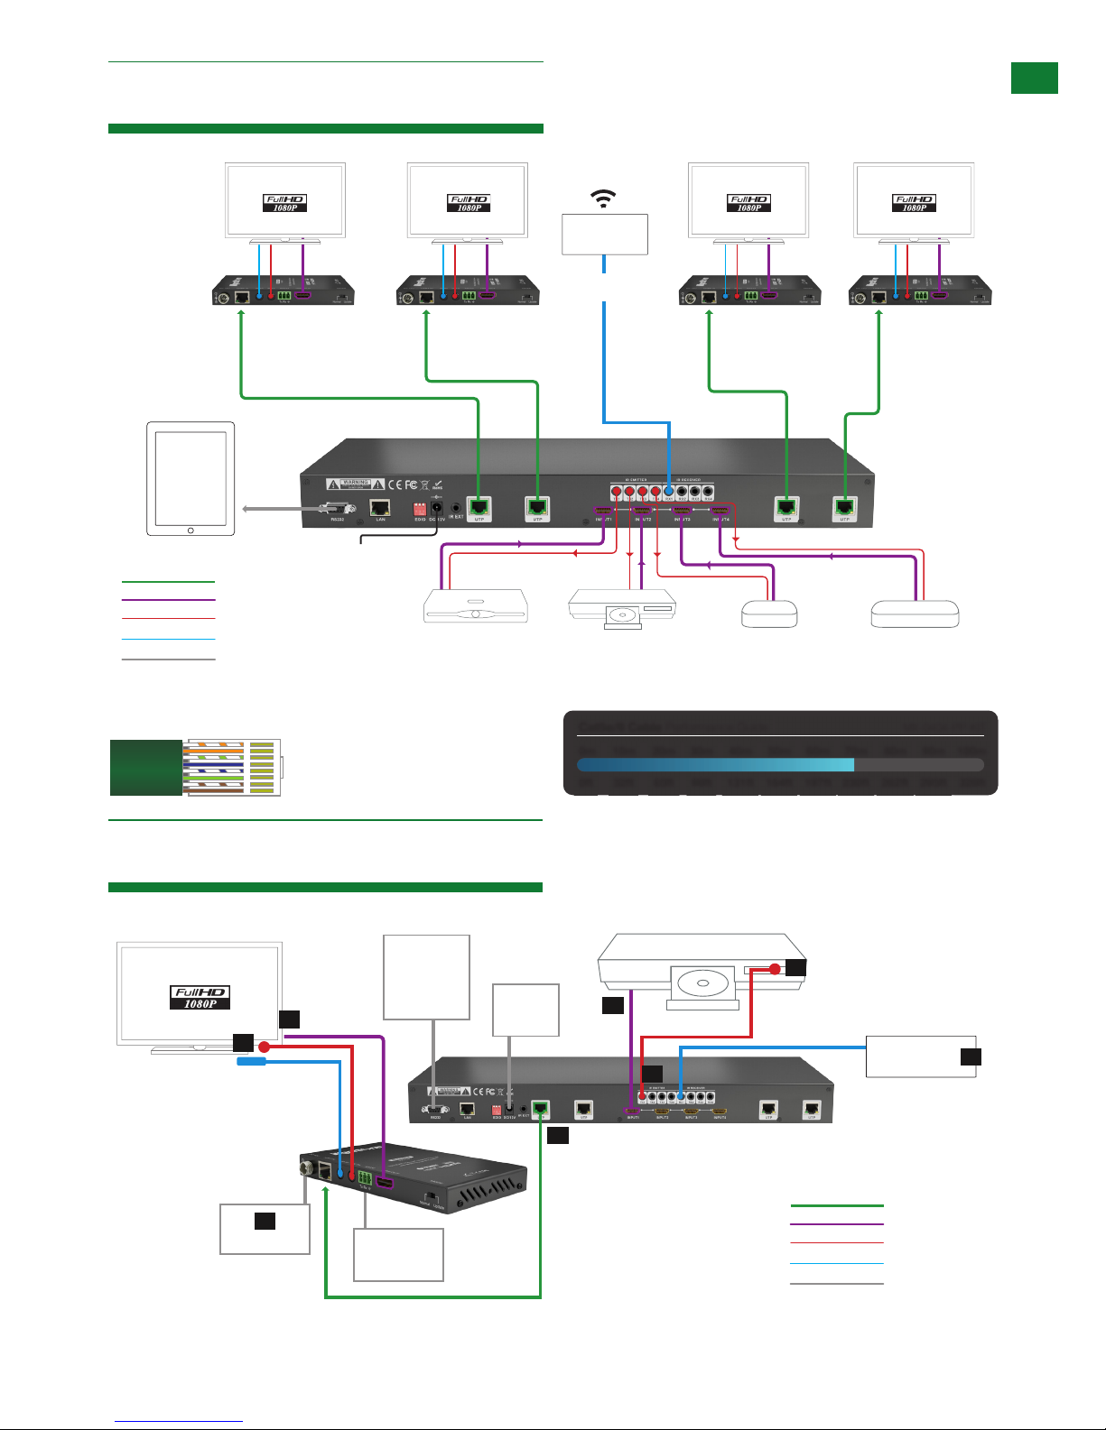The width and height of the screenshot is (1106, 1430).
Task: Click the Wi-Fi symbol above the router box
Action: [x=603, y=198]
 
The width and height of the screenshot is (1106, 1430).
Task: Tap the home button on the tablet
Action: [x=191, y=530]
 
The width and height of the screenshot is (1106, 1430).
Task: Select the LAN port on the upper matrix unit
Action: [x=380, y=509]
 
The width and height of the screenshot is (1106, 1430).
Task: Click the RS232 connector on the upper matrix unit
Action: [x=337, y=510]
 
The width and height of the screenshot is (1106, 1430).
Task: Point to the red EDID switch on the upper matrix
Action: [x=420, y=510]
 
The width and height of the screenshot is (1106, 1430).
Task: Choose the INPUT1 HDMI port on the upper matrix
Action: [x=603, y=511]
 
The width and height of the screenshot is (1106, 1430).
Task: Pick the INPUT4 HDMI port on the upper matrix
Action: [x=720, y=511]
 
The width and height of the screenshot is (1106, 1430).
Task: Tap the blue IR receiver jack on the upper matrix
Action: [x=669, y=492]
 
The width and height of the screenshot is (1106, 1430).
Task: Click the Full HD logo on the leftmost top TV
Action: [x=285, y=203]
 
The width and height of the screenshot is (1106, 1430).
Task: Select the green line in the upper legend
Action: [x=168, y=582]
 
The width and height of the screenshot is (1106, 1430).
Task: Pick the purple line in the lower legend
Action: [x=836, y=1224]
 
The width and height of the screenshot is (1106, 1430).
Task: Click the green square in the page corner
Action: [x=1034, y=78]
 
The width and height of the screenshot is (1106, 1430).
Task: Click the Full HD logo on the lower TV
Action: [x=200, y=997]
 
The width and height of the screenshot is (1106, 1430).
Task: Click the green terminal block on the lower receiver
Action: [x=365, y=1179]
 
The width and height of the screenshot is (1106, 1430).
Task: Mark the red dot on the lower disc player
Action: [x=775, y=969]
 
